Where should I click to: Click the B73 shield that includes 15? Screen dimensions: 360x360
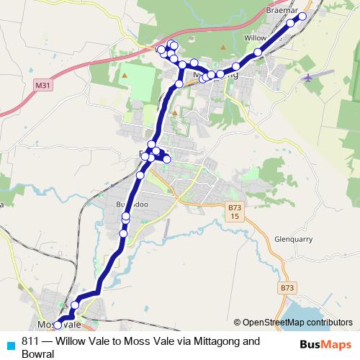point(234,212)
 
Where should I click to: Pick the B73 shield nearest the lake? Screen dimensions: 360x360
point(287,287)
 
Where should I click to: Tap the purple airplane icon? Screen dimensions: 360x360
point(309,77)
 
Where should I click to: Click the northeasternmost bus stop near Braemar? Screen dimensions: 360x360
point(302,17)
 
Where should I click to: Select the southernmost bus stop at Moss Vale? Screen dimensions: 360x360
point(58,325)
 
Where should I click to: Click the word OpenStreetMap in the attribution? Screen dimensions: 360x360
point(274,323)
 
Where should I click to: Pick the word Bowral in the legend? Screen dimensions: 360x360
point(38,354)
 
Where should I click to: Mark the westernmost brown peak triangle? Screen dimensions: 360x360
point(125,74)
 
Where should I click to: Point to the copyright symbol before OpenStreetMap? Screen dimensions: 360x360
point(237,323)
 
